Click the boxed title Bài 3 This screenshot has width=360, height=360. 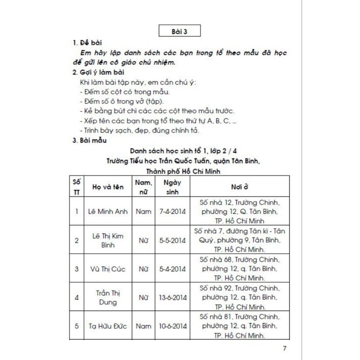tap(179, 31)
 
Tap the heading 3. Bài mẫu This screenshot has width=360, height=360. tap(90, 141)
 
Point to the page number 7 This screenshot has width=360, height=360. tap(285, 348)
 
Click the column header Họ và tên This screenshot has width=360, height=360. tap(108, 187)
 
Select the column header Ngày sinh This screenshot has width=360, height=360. tap(172, 187)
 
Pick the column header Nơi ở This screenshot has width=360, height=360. tap(240, 187)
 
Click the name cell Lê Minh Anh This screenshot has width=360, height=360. tap(108, 212)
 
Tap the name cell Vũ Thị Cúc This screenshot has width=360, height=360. tap(108, 269)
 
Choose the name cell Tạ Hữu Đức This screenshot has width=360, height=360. tap(108, 326)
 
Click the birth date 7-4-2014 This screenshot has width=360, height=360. tap(172, 212)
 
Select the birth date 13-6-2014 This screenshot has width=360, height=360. tap(172, 297)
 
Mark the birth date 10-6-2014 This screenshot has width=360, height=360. tap(172, 326)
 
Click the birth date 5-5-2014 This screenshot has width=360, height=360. tap(172, 240)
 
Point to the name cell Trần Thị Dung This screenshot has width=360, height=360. tap(108, 297)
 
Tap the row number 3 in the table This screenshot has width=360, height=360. tap(77, 269)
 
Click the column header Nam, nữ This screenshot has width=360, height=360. tap(143, 187)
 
